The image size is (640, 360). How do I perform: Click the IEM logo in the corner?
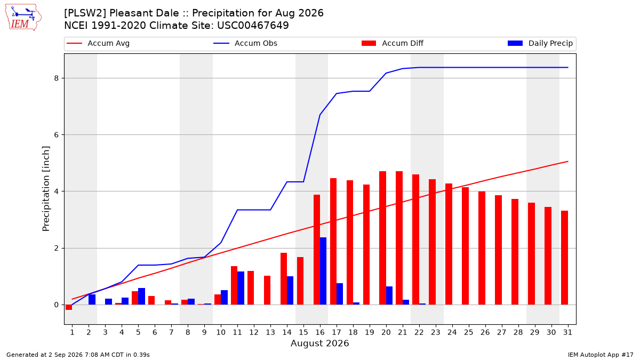[23, 18]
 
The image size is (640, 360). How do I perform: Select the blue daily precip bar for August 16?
[323, 271]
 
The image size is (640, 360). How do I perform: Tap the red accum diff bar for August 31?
[564, 258]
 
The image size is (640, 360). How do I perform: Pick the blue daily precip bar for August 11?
[241, 288]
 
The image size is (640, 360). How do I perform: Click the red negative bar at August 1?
[69, 307]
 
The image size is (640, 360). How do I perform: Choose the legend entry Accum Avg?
[98, 43]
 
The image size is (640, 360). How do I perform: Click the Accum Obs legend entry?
[245, 43]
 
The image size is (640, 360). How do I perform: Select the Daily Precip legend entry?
[540, 43]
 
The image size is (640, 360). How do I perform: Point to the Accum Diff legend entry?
[393, 43]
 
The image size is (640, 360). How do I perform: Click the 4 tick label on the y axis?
[57, 191]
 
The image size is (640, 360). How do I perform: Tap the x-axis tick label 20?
[386, 332]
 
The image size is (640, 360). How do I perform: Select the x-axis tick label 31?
[567, 332]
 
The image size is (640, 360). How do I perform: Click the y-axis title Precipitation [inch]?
[46, 189]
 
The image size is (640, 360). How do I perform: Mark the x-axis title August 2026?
[319, 343]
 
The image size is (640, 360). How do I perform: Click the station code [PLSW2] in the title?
[85, 13]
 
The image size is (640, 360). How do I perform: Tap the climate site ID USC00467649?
[253, 26]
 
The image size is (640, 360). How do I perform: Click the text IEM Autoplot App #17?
[601, 355]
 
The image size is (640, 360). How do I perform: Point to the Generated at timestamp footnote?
[78, 355]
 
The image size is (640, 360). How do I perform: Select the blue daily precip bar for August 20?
[389, 295]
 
